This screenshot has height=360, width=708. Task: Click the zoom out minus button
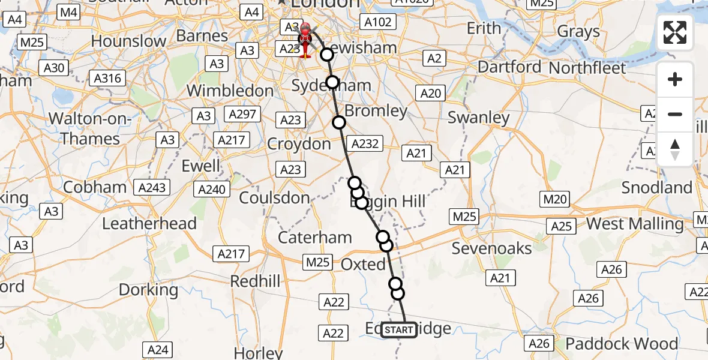click(675, 114)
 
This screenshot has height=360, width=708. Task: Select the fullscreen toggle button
click(675, 32)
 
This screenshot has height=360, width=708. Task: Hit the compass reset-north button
click(675, 149)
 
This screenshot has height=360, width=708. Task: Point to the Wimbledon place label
click(230, 91)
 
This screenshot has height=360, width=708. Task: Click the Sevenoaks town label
click(491, 248)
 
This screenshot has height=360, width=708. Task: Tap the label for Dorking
click(149, 290)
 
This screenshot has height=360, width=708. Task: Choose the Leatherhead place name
click(149, 224)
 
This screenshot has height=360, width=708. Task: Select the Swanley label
click(479, 118)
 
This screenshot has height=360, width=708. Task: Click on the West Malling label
click(635, 224)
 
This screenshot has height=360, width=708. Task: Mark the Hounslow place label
click(128, 41)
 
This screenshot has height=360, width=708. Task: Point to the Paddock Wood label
click(622, 344)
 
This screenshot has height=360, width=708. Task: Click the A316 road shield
click(108, 78)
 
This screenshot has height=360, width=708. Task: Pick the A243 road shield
click(151, 188)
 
